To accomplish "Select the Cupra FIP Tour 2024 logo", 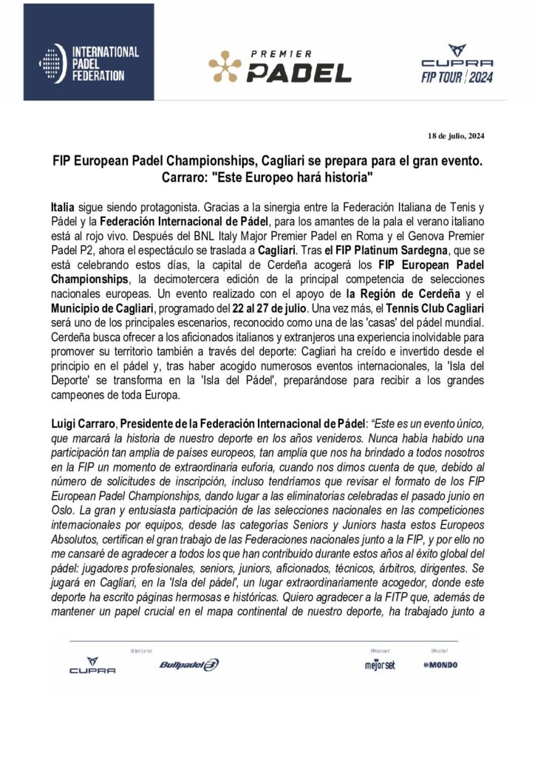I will tap(455, 64).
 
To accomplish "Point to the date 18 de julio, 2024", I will tap(456, 135).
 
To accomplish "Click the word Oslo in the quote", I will tap(64, 502).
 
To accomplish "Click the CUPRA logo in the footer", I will tap(92, 665).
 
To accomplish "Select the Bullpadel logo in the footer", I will tap(189, 665).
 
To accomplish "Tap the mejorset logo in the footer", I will tap(380, 665).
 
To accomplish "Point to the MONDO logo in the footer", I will tap(441, 665).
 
